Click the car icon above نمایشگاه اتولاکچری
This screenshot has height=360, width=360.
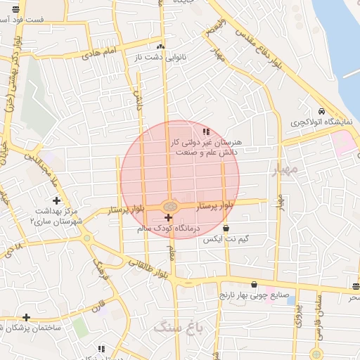pos(321,112)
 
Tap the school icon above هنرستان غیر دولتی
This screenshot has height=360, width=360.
pos(205,131)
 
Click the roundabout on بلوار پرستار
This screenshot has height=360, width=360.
pos(169,206)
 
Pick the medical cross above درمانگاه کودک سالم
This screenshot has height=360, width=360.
pos(168,218)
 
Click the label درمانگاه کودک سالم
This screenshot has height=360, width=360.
pos(169,229)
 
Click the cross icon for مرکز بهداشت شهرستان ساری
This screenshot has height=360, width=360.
pos(56,201)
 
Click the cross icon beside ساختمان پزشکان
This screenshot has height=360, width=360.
pos(26,318)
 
